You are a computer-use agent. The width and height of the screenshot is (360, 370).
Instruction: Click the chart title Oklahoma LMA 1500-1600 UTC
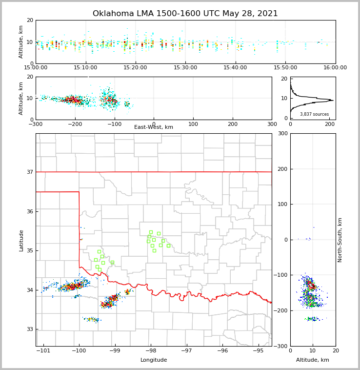click(185, 14)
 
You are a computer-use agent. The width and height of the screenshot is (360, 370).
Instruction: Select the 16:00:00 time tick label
click(335, 67)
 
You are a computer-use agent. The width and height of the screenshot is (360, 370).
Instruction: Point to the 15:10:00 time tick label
click(85, 67)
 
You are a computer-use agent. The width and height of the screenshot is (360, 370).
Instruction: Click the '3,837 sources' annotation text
click(314, 114)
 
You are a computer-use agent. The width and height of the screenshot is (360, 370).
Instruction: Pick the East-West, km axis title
click(154, 127)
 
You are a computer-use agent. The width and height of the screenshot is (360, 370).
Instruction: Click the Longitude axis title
click(154, 360)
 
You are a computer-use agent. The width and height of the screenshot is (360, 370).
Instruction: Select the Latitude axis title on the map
click(21, 240)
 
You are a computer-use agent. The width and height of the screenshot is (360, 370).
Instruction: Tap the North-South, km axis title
click(340, 240)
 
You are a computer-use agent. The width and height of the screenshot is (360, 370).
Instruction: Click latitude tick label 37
click(30, 172)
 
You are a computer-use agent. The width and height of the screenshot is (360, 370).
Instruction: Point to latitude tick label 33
click(30, 329)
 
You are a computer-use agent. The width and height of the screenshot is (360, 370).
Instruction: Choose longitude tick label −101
click(43, 350)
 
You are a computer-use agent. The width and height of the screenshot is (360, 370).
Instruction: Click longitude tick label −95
click(258, 350)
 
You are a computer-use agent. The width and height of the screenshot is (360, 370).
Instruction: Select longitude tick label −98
click(151, 350)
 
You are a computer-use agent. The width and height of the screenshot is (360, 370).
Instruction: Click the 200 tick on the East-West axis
click(232, 124)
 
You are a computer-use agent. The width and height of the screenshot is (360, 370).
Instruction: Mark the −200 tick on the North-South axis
click(282, 311)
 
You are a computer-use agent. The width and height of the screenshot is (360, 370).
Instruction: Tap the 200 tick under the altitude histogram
click(330, 124)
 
